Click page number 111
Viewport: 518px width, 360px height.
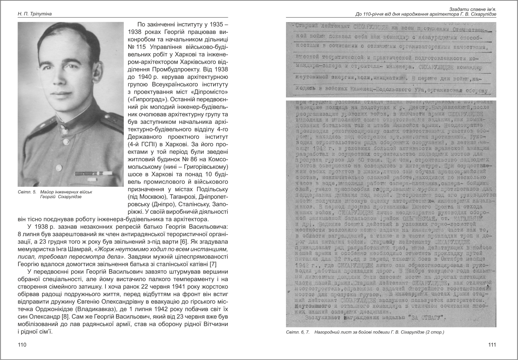pos(492,345)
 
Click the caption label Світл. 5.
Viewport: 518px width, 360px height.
pos(27,191)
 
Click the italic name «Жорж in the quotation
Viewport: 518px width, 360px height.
pos(105,249)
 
